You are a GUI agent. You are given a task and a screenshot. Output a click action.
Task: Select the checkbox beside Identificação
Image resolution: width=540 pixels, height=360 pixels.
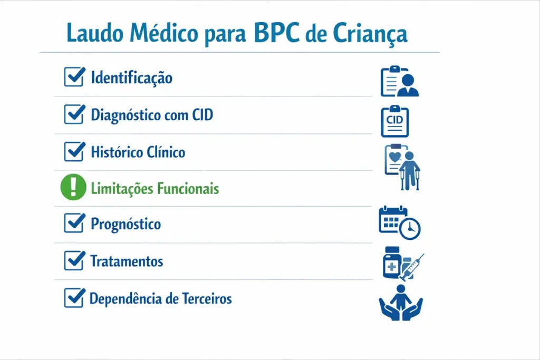tap(74, 77)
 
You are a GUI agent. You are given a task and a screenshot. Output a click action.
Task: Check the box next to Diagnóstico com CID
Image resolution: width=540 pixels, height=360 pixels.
tap(74, 114)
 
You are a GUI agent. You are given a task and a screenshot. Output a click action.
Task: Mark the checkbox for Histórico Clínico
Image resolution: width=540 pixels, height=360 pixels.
tap(74, 152)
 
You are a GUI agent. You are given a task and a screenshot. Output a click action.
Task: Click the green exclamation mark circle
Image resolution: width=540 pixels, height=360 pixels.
tap(73, 188)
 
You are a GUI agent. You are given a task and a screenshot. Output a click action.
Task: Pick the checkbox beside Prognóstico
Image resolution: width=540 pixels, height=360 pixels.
tap(74, 223)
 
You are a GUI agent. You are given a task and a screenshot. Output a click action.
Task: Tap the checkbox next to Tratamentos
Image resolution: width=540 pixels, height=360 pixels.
tap(74, 260)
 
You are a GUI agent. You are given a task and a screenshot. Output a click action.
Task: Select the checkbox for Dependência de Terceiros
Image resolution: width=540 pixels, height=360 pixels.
tap(74, 298)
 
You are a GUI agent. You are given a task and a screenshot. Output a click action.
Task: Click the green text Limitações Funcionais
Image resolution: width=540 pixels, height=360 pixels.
tap(155, 188)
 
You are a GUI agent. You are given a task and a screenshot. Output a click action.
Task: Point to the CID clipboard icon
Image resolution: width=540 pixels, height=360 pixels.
tap(394, 121)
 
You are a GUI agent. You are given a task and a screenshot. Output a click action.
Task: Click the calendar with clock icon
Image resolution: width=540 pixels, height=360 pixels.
tap(399, 222)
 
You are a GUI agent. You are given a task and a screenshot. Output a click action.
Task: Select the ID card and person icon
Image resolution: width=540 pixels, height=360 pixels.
tap(399, 82)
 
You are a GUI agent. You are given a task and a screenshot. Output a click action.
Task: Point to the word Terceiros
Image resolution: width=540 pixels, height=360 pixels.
tap(206, 299)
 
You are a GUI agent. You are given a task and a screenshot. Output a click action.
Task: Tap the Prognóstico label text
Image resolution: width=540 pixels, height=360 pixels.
tap(126, 224)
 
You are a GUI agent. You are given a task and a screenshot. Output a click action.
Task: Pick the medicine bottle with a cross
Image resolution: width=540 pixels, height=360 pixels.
tap(392, 263)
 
